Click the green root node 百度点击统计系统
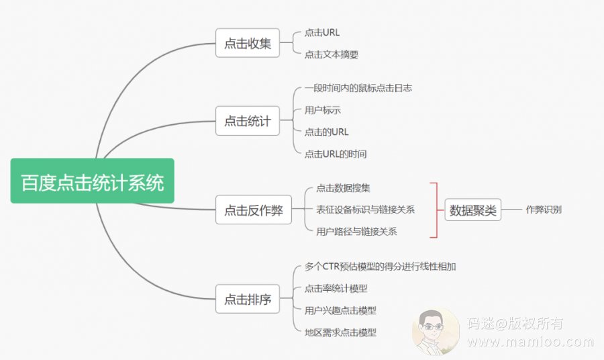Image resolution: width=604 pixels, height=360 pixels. click(92, 181)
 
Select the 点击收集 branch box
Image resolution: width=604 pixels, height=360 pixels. click(247, 44)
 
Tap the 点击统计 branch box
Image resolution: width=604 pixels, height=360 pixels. click(247, 122)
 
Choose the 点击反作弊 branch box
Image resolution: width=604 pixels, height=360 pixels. click(253, 210)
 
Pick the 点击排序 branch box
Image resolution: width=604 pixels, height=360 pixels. click(247, 300)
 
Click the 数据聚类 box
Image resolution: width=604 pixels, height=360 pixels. click(473, 210)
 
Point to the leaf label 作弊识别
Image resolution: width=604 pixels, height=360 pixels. click(544, 210)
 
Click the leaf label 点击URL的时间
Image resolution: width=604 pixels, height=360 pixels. click(336, 154)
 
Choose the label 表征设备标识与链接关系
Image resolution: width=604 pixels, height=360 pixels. click(365, 210)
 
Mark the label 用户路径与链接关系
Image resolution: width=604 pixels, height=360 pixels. click(356, 232)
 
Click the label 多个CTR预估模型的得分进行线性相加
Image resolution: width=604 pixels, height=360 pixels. click(380, 267)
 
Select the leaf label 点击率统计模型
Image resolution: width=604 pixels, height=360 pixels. click(336, 289)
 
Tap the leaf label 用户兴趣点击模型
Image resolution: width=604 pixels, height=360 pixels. click(340, 310)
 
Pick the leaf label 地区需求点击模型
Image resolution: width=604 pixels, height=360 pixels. click(340, 332)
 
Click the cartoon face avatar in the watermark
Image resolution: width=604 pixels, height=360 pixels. click(434, 330)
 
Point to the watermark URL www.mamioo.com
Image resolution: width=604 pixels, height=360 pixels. click(531, 342)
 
